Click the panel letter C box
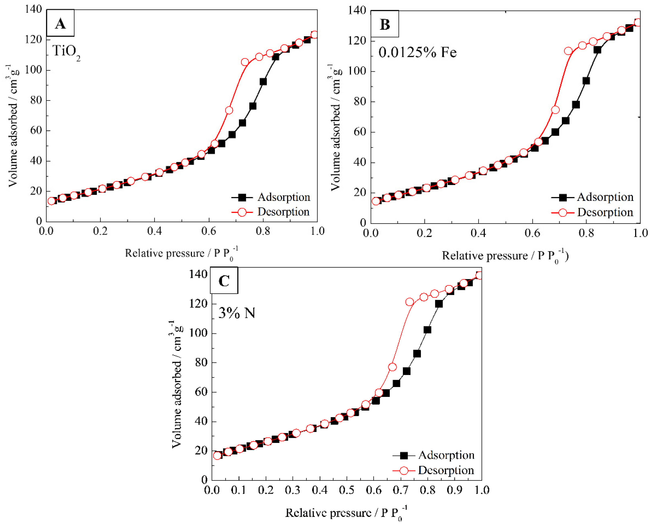click(x=224, y=280)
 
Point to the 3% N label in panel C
click(x=237, y=313)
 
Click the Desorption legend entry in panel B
click(x=605, y=212)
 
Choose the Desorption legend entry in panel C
click(x=446, y=470)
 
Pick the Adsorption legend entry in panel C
click(x=446, y=455)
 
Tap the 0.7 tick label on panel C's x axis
click(x=400, y=490)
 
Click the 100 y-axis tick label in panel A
click(x=33, y=70)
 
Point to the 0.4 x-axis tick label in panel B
click(x=479, y=233)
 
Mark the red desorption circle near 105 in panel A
click(x=245, y=62)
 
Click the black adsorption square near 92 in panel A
click(x=263, y=82)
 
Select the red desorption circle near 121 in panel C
click(x=409, y=302)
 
